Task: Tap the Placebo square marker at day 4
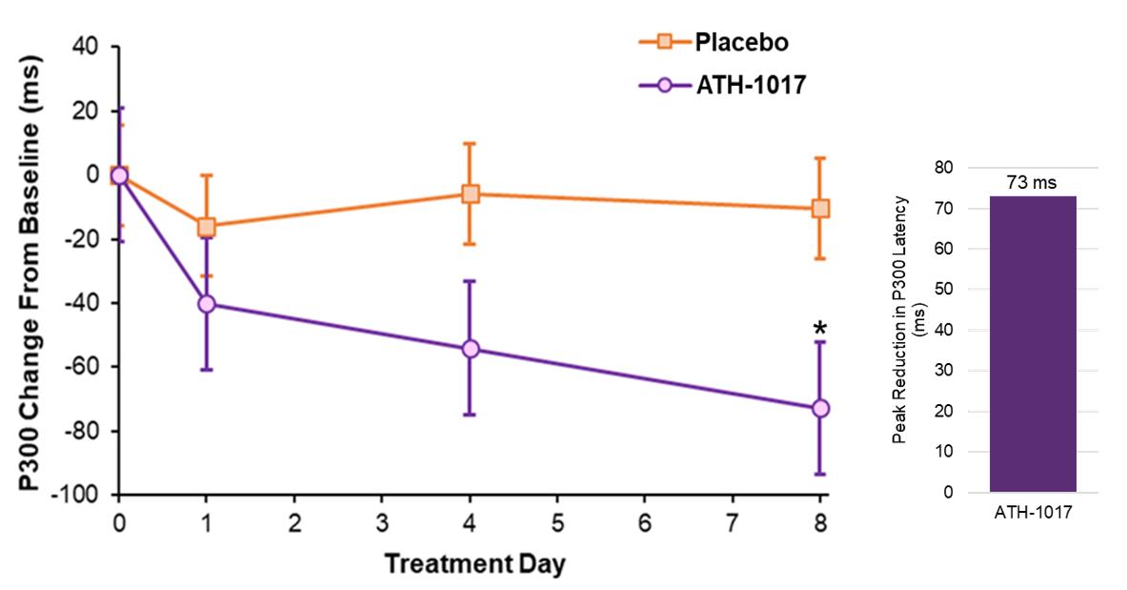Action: coord(470,194)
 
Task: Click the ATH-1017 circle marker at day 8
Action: coord(820,408)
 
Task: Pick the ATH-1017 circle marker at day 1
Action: coord(207,304)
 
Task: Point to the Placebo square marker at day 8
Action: coord(820,209)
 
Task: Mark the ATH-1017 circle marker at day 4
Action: coord(470,349)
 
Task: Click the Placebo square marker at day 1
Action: coord(207,227)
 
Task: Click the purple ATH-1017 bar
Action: coord(1033,344)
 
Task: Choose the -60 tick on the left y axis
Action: coord(88,367)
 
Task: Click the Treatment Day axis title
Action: coord(474,563)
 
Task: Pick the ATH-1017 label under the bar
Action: coord(1034,512)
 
